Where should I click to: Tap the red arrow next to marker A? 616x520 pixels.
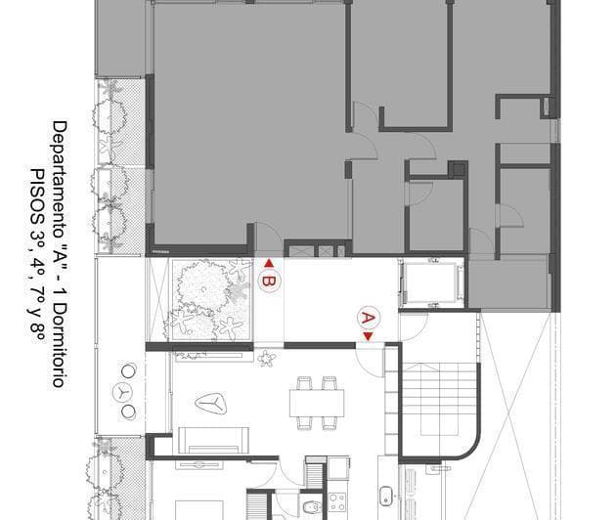368,337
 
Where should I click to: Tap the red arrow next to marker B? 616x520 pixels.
269,263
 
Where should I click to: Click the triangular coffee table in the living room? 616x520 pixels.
215,403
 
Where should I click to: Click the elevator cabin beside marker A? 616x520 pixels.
431,282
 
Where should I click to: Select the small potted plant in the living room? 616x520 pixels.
267,359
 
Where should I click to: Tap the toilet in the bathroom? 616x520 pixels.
310,506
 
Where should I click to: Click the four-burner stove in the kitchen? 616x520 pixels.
338,502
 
